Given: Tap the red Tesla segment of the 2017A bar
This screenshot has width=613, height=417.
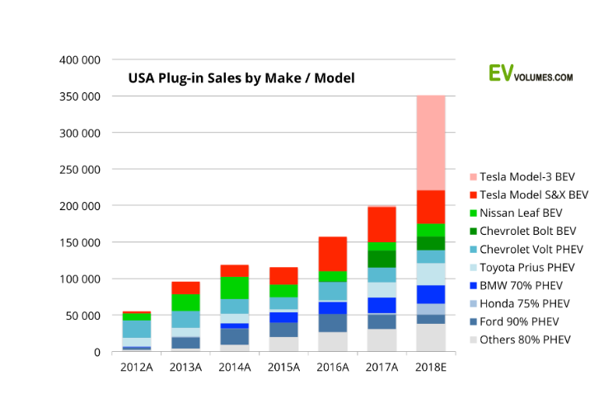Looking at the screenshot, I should [381, 224].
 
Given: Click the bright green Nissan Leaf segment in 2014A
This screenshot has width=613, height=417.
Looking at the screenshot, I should [235, 288].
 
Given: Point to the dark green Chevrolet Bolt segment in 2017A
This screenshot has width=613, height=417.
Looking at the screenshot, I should [381, 259].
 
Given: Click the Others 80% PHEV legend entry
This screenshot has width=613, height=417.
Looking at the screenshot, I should [526, 340].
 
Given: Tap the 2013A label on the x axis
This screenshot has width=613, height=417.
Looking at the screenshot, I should [185, 367].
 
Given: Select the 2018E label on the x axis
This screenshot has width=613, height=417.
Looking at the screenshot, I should [431, 367].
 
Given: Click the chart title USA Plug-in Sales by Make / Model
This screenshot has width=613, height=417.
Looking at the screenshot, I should [241, 79].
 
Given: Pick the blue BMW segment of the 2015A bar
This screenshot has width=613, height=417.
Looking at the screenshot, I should [284, 317].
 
